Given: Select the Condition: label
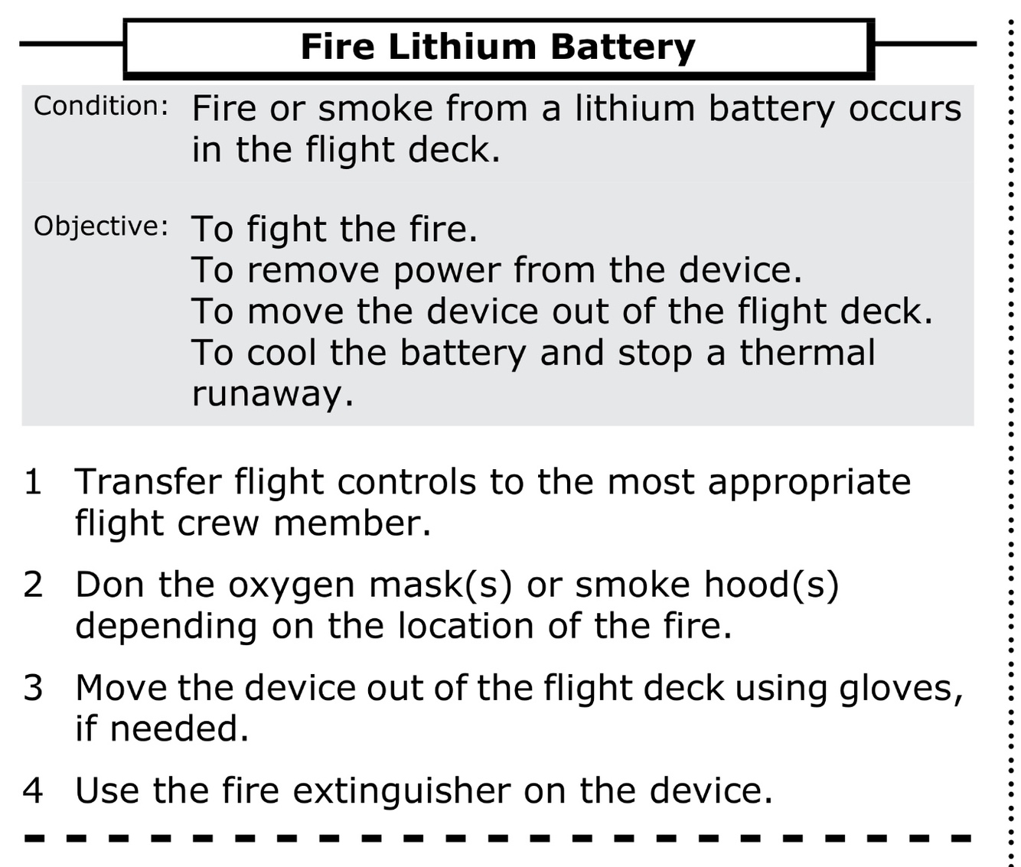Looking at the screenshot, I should point(100,106).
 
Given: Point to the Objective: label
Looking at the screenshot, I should point(100,227).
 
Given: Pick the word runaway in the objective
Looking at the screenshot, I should point(272,394).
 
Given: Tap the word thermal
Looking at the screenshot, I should point(807,353).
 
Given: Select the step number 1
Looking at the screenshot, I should point(33,482).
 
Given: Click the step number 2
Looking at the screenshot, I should point(33,585).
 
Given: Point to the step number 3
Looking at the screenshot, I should point(33,687).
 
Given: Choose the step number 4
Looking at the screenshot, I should point(33,790).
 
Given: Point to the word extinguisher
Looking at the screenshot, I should point(401,790).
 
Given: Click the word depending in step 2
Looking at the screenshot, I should point(166,627).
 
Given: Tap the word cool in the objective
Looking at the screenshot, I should point(282,353).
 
